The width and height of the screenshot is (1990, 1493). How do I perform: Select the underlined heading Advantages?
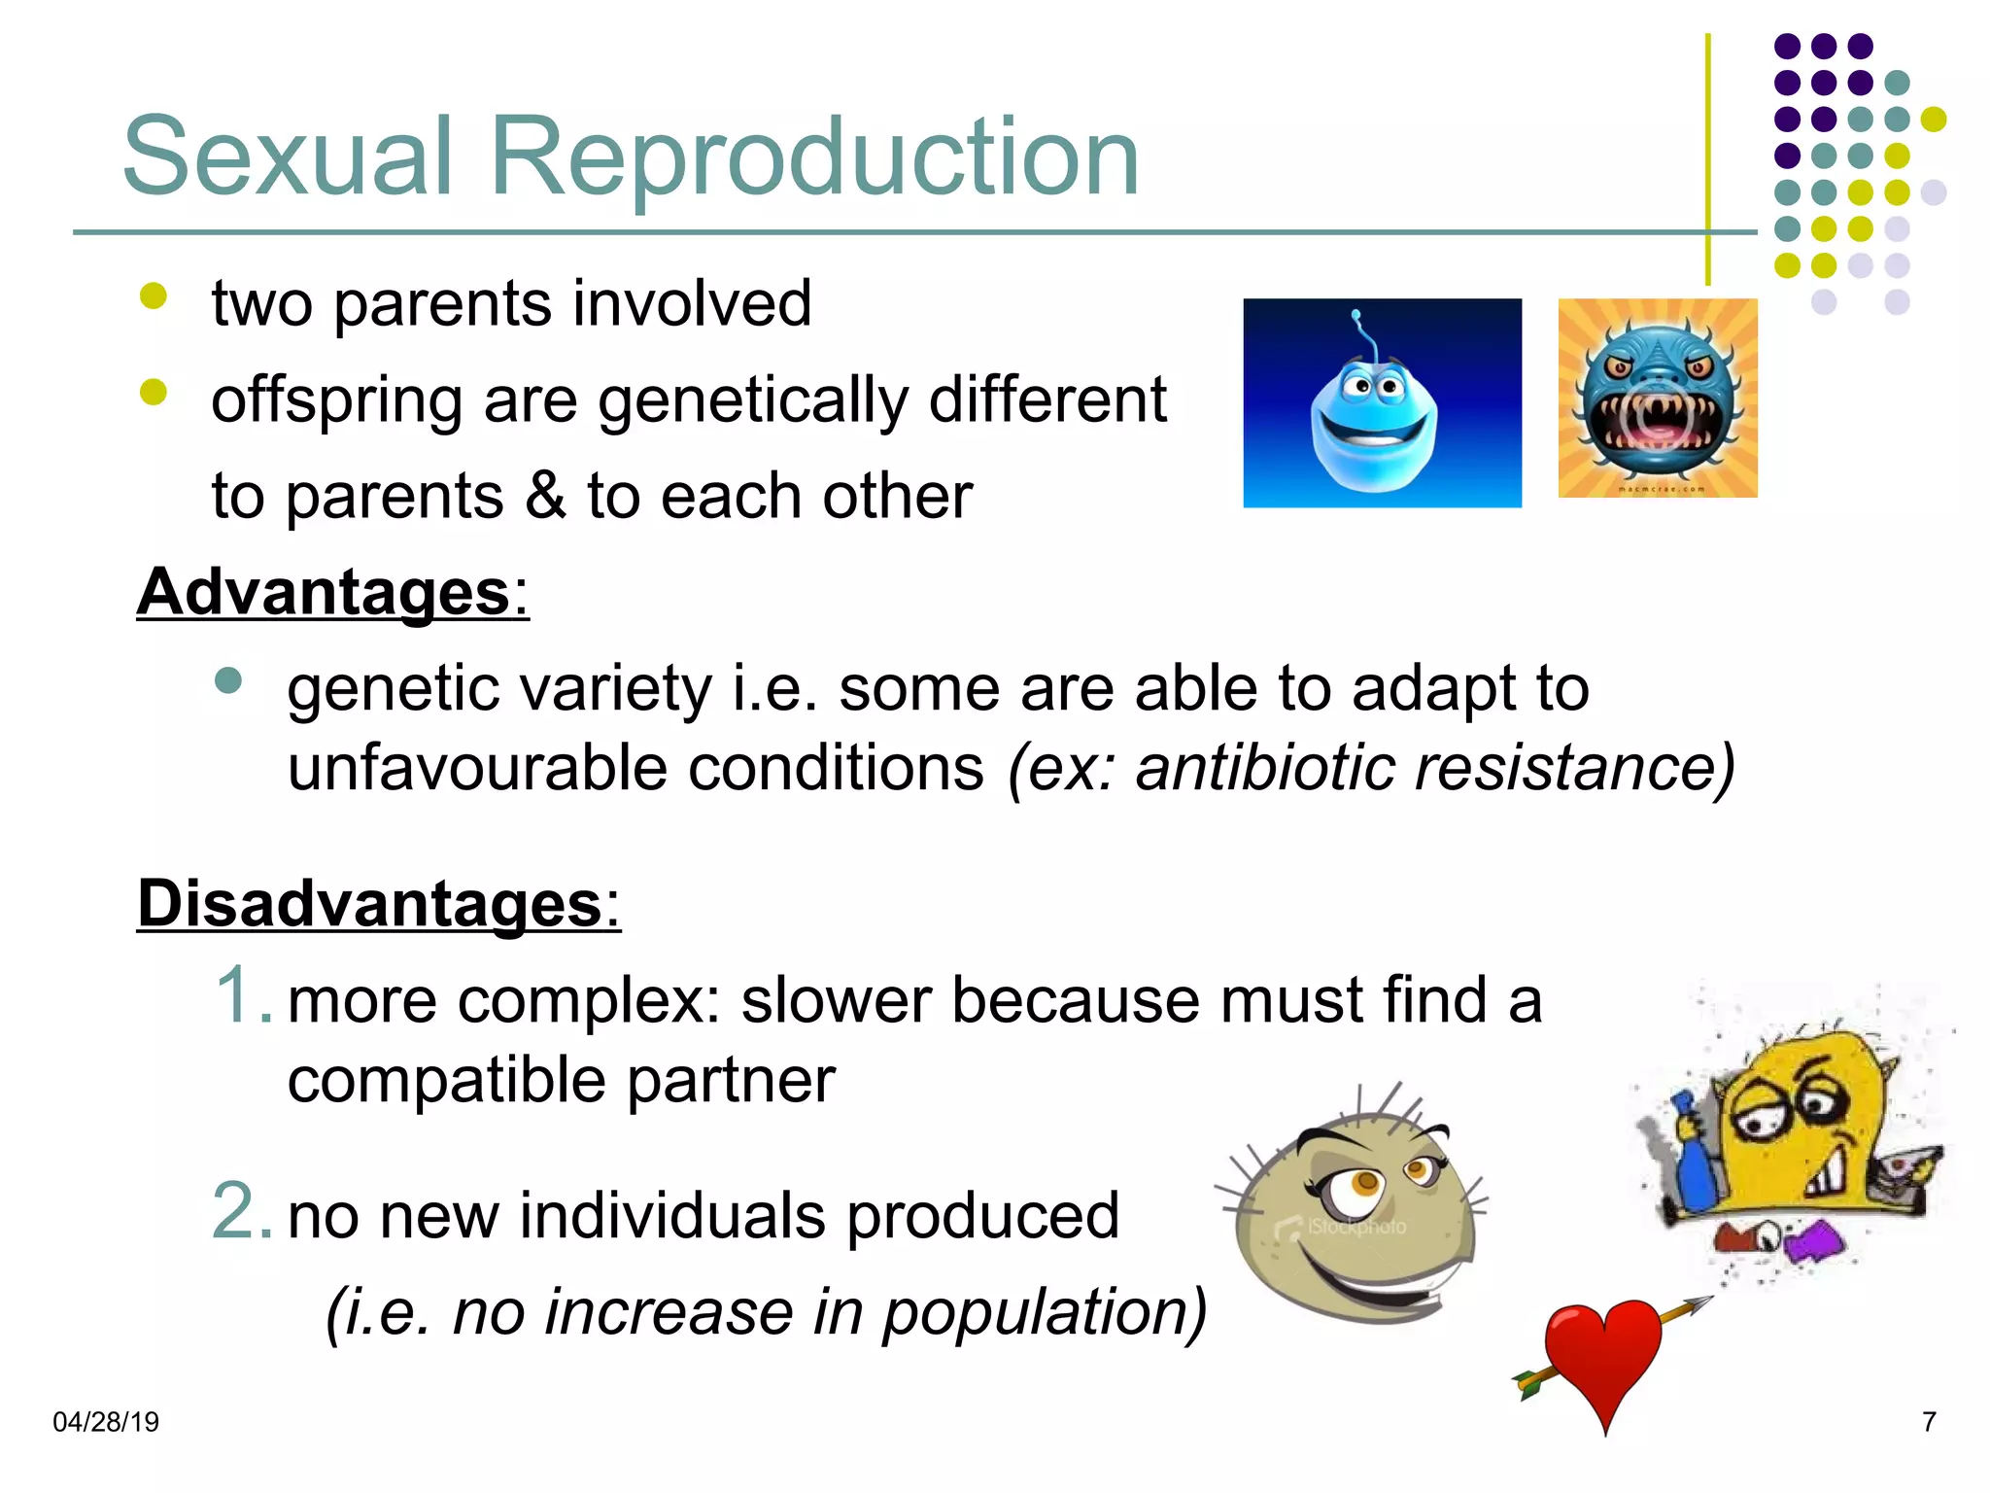pyautogui.click(x=324, y=593)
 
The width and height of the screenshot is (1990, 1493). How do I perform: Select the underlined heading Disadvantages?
pyautogui.click(x=370, y=904)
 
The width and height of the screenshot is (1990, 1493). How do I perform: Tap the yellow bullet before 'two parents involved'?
pyautogui.click(x=154, y=295)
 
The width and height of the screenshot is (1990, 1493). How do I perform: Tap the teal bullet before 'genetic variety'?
pyautogui.click(x=227, y=680)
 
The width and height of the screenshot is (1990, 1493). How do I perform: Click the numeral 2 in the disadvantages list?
pyautogui.click(x=237, y=1211)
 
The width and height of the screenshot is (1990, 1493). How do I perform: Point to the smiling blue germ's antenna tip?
pyautogui.click(x=1356, y=315)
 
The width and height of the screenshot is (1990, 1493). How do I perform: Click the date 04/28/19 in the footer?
pyautogui.click(x=105, y=1422)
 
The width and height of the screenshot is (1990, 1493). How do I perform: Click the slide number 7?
pyautogui.click(x=1929, y=1422)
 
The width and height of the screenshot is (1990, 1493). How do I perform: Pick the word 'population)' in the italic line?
pyautogui.click(x=1044, y=1312)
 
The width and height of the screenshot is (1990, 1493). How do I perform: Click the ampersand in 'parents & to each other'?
pyautogui.click(x=545, y=496)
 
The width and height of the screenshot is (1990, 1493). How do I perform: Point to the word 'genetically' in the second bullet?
pyautogui.click(x=753, y=400)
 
